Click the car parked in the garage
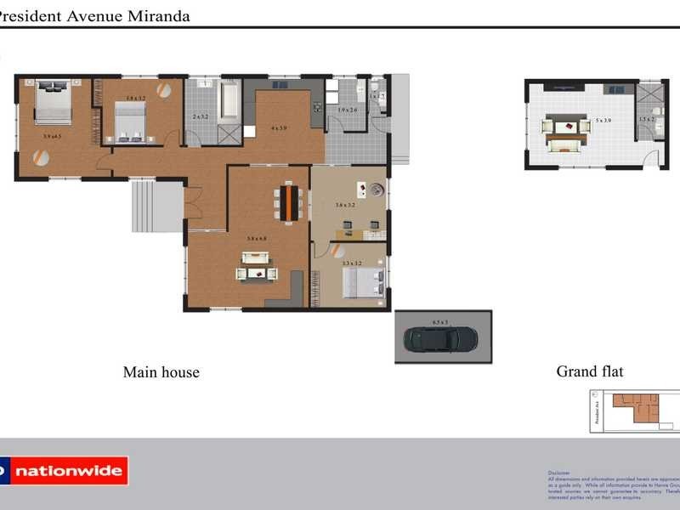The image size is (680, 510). pyautogui.click(x=439, y=339)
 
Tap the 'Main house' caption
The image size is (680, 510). pyautogui.click(x=161, y=371)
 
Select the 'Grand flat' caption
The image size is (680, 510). pyautogui.click(x=589, y=371)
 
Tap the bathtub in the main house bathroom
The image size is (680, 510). pyautogui.click(x=229, y=100)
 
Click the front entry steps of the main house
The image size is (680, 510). pyautogui.click(x=157, y=206)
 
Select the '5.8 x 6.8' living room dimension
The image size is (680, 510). pyautogui.click(x=257, y=239)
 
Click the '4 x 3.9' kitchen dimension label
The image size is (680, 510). pyautogui.click(x=279, y=128)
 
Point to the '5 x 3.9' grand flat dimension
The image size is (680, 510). pyautogui.click(x=603, y=121)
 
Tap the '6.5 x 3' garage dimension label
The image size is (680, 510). pyautogui.click(x=439, y=322)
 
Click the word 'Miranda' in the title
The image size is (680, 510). pyautogui.click(x=161, y=16)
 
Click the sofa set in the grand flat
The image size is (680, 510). pyautogui.click(x=567, y=133)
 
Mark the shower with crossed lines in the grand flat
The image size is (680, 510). pyautogui.click(x=649, y=93)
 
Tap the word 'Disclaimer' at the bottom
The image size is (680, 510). pyautogui.click(x=559, y=473)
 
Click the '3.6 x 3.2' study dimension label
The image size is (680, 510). pyautogui.click(x=344, y=205)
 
